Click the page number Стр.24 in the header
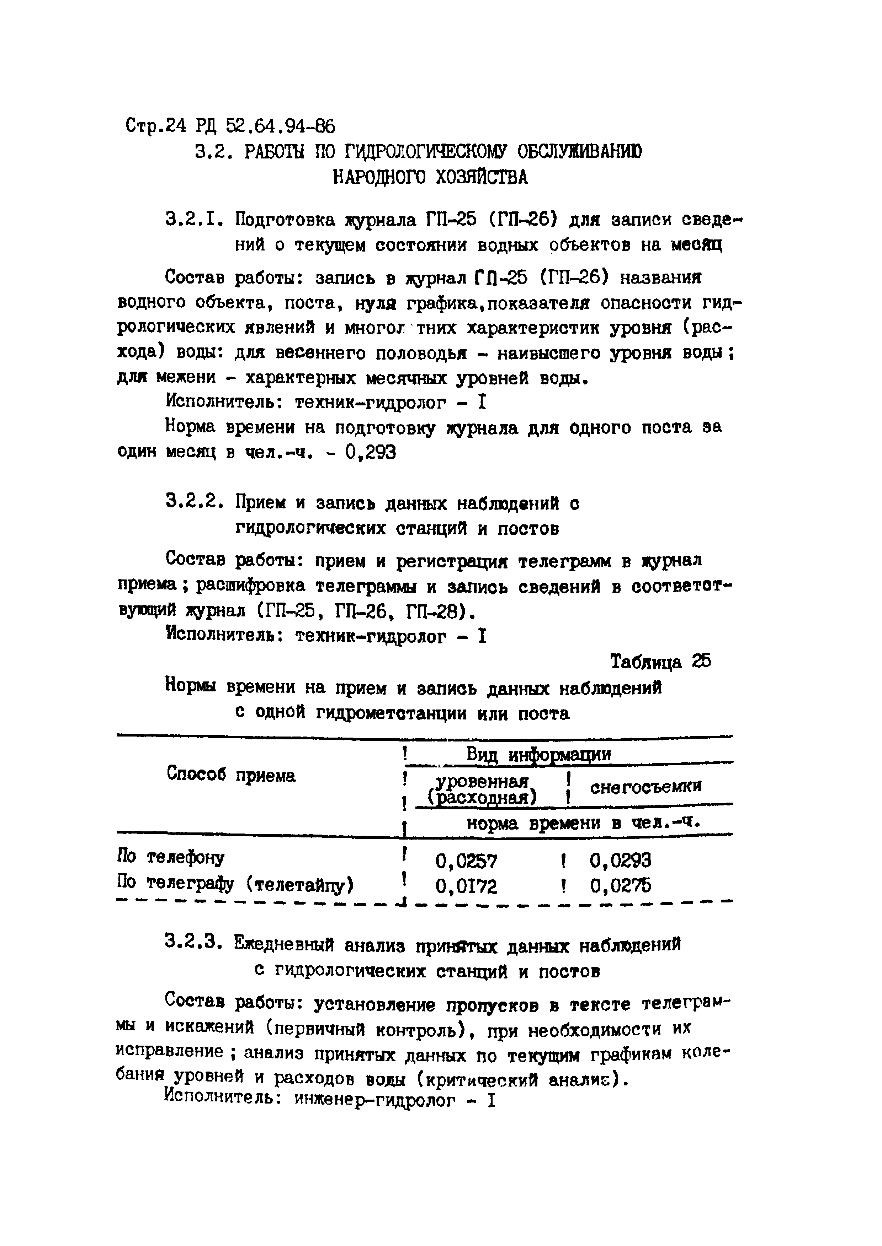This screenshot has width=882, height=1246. [x=156, y=126]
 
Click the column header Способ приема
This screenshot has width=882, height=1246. [x=232, y=775]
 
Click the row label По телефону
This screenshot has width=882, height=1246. [x=171, y=857]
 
